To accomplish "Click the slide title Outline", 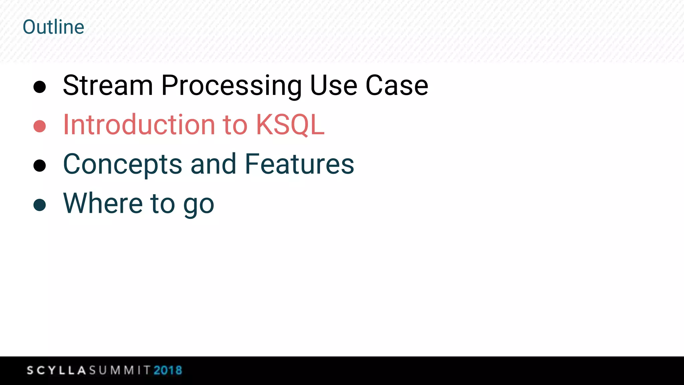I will coord(53,27).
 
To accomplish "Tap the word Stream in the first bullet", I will coord(108,86).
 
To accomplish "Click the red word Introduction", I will coord(139,125).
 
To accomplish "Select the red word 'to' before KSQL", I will coord(235,125).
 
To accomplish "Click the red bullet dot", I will coord(40,126).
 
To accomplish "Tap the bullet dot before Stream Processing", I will coord(40,87).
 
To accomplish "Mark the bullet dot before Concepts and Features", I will coord(40,165).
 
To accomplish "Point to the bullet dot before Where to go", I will coord(40,205).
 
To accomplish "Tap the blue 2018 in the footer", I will coord(168,370).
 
